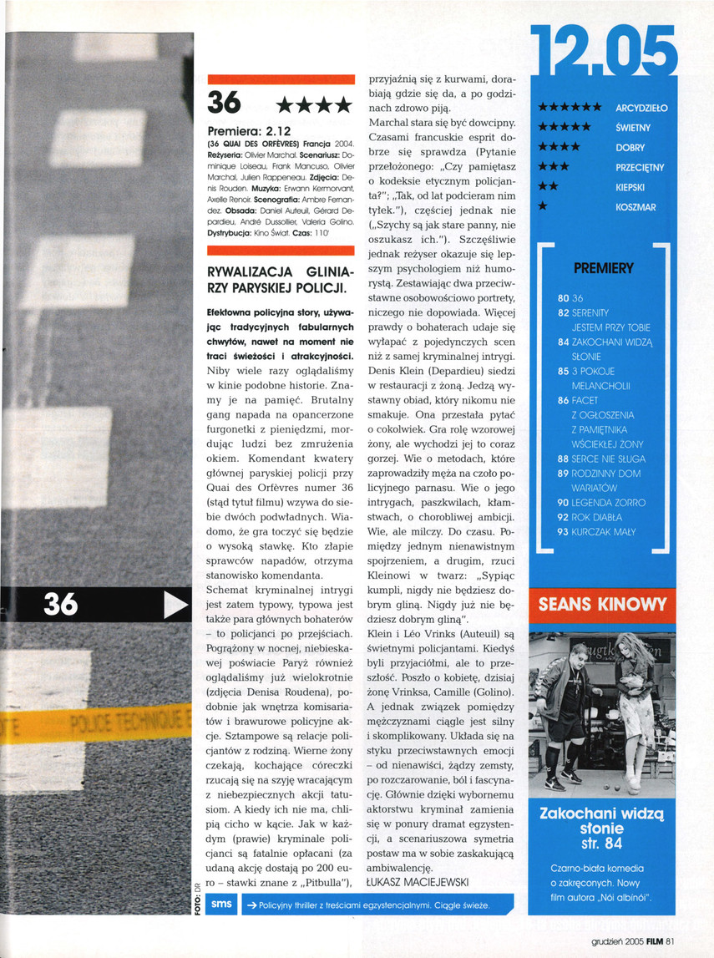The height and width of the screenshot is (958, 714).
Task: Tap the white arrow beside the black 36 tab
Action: (175, 605)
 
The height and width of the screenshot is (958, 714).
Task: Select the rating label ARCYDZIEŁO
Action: (641, 108)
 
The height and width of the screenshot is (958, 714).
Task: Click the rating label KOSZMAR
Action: (636, 207)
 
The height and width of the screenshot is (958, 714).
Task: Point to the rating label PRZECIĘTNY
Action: (640, 168)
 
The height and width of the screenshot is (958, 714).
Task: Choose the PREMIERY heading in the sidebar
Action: (604, 269)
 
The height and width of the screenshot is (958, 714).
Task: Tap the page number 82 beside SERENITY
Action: (563, 312)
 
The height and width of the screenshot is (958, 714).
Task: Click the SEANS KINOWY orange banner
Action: (603, 606)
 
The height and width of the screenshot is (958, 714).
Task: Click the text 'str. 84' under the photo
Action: (602, 844)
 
